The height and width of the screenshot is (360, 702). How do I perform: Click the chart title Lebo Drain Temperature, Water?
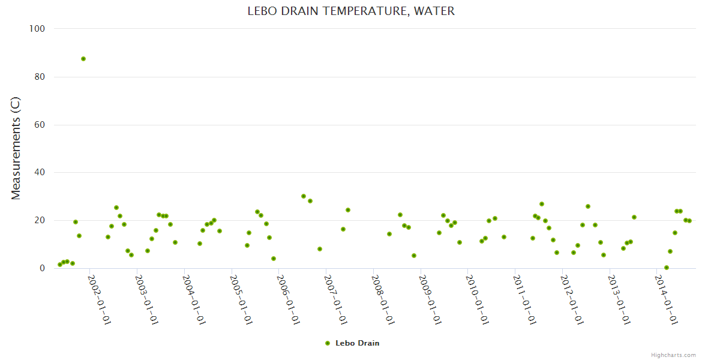[x=351, y=11]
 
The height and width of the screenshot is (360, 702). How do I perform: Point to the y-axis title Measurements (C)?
[x=16, y=148]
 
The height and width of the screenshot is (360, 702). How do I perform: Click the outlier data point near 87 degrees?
[x=83, y=59]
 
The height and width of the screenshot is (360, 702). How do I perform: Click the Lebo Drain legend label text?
[x=358, y=343]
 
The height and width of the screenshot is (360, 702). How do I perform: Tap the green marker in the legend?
[x=328, y=343]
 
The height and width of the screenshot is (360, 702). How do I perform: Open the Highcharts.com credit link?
[x=673, y=355]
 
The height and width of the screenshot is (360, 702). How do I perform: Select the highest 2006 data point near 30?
[x=304, y=196]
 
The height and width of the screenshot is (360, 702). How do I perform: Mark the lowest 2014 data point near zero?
[x=667, y=268]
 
